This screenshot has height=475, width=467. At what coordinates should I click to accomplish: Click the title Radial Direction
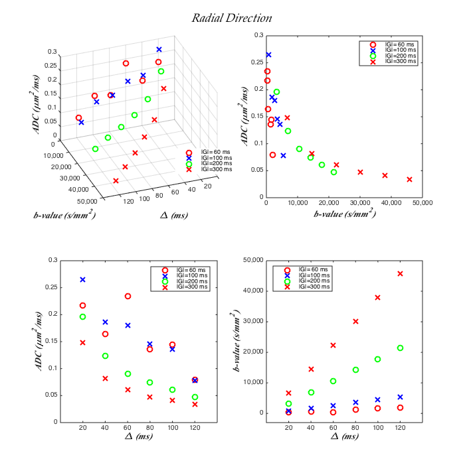pos(232,18)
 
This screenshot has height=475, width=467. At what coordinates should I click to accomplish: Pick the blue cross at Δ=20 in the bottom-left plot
pos(83,280)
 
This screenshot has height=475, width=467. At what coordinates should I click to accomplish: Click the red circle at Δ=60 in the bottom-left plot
pos(128,296)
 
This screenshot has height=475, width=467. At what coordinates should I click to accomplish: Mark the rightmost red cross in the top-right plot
pos(409,179)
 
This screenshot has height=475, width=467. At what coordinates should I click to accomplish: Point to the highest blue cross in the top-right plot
pos(268,55)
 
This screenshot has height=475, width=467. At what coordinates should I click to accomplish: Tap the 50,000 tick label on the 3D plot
pos(86,200)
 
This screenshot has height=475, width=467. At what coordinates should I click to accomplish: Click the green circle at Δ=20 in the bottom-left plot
pos(83,316)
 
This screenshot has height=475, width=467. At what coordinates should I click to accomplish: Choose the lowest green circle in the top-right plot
pos(333,172)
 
